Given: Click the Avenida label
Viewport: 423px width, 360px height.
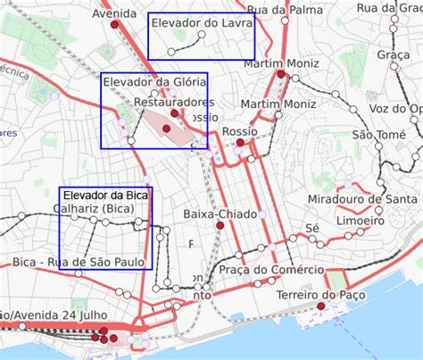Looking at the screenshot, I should (x=114, y=13).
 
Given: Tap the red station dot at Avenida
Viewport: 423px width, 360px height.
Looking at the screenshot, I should (x=114, y=25).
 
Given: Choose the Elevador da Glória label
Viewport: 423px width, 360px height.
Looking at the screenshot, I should (x=154, y=82).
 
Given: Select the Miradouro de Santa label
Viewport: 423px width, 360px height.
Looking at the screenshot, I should (x=361, y=198).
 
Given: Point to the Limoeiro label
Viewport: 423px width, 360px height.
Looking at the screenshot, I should (x=361, y=220).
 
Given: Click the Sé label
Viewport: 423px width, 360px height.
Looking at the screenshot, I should (x=311, y=228).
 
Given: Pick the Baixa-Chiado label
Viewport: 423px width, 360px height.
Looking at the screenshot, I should (x=220, y=214).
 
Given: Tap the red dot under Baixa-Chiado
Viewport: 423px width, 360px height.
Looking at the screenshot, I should (x=220, y=226).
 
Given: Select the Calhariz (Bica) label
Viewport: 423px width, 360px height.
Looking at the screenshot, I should (x=93, y=209).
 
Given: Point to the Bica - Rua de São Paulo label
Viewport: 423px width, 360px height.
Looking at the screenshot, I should (x=79, y=262).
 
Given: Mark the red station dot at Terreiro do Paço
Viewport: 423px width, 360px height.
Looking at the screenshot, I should (x=320, y=306).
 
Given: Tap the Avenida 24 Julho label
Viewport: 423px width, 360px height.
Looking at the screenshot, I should (x=55, y=315).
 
